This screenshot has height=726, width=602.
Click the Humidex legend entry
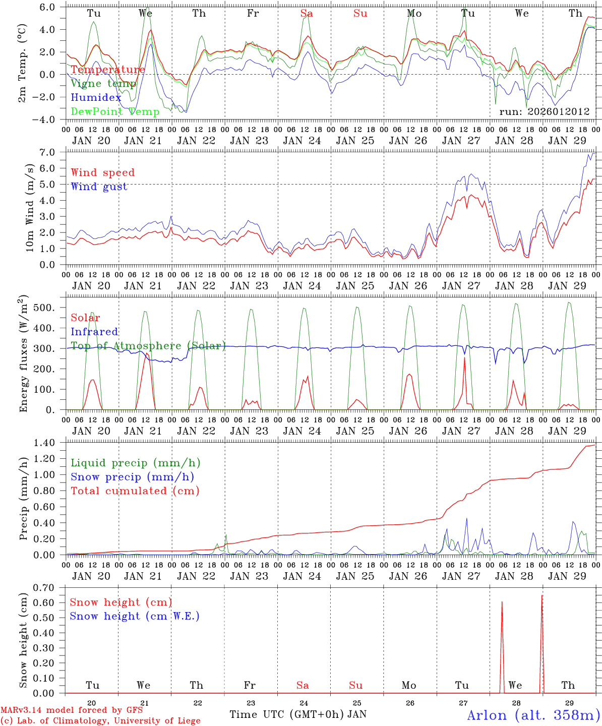pos(96,98)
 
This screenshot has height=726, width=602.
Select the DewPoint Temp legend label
pos(115,112)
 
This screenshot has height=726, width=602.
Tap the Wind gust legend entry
pos(99,187)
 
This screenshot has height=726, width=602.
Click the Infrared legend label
pos(94,332)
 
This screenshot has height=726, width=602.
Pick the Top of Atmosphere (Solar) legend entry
pos(148,346)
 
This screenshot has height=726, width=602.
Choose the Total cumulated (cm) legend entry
pos(135,491)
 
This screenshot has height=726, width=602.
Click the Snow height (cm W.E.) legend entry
pos(134,616)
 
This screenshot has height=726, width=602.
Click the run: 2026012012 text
pos(544,111)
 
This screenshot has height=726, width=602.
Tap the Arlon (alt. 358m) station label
pos(533,715)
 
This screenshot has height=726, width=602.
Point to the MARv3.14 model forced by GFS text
pos(72,710)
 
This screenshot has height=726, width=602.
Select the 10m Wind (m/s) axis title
pos(30,207)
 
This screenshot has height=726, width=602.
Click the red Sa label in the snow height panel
pos(303,685)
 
